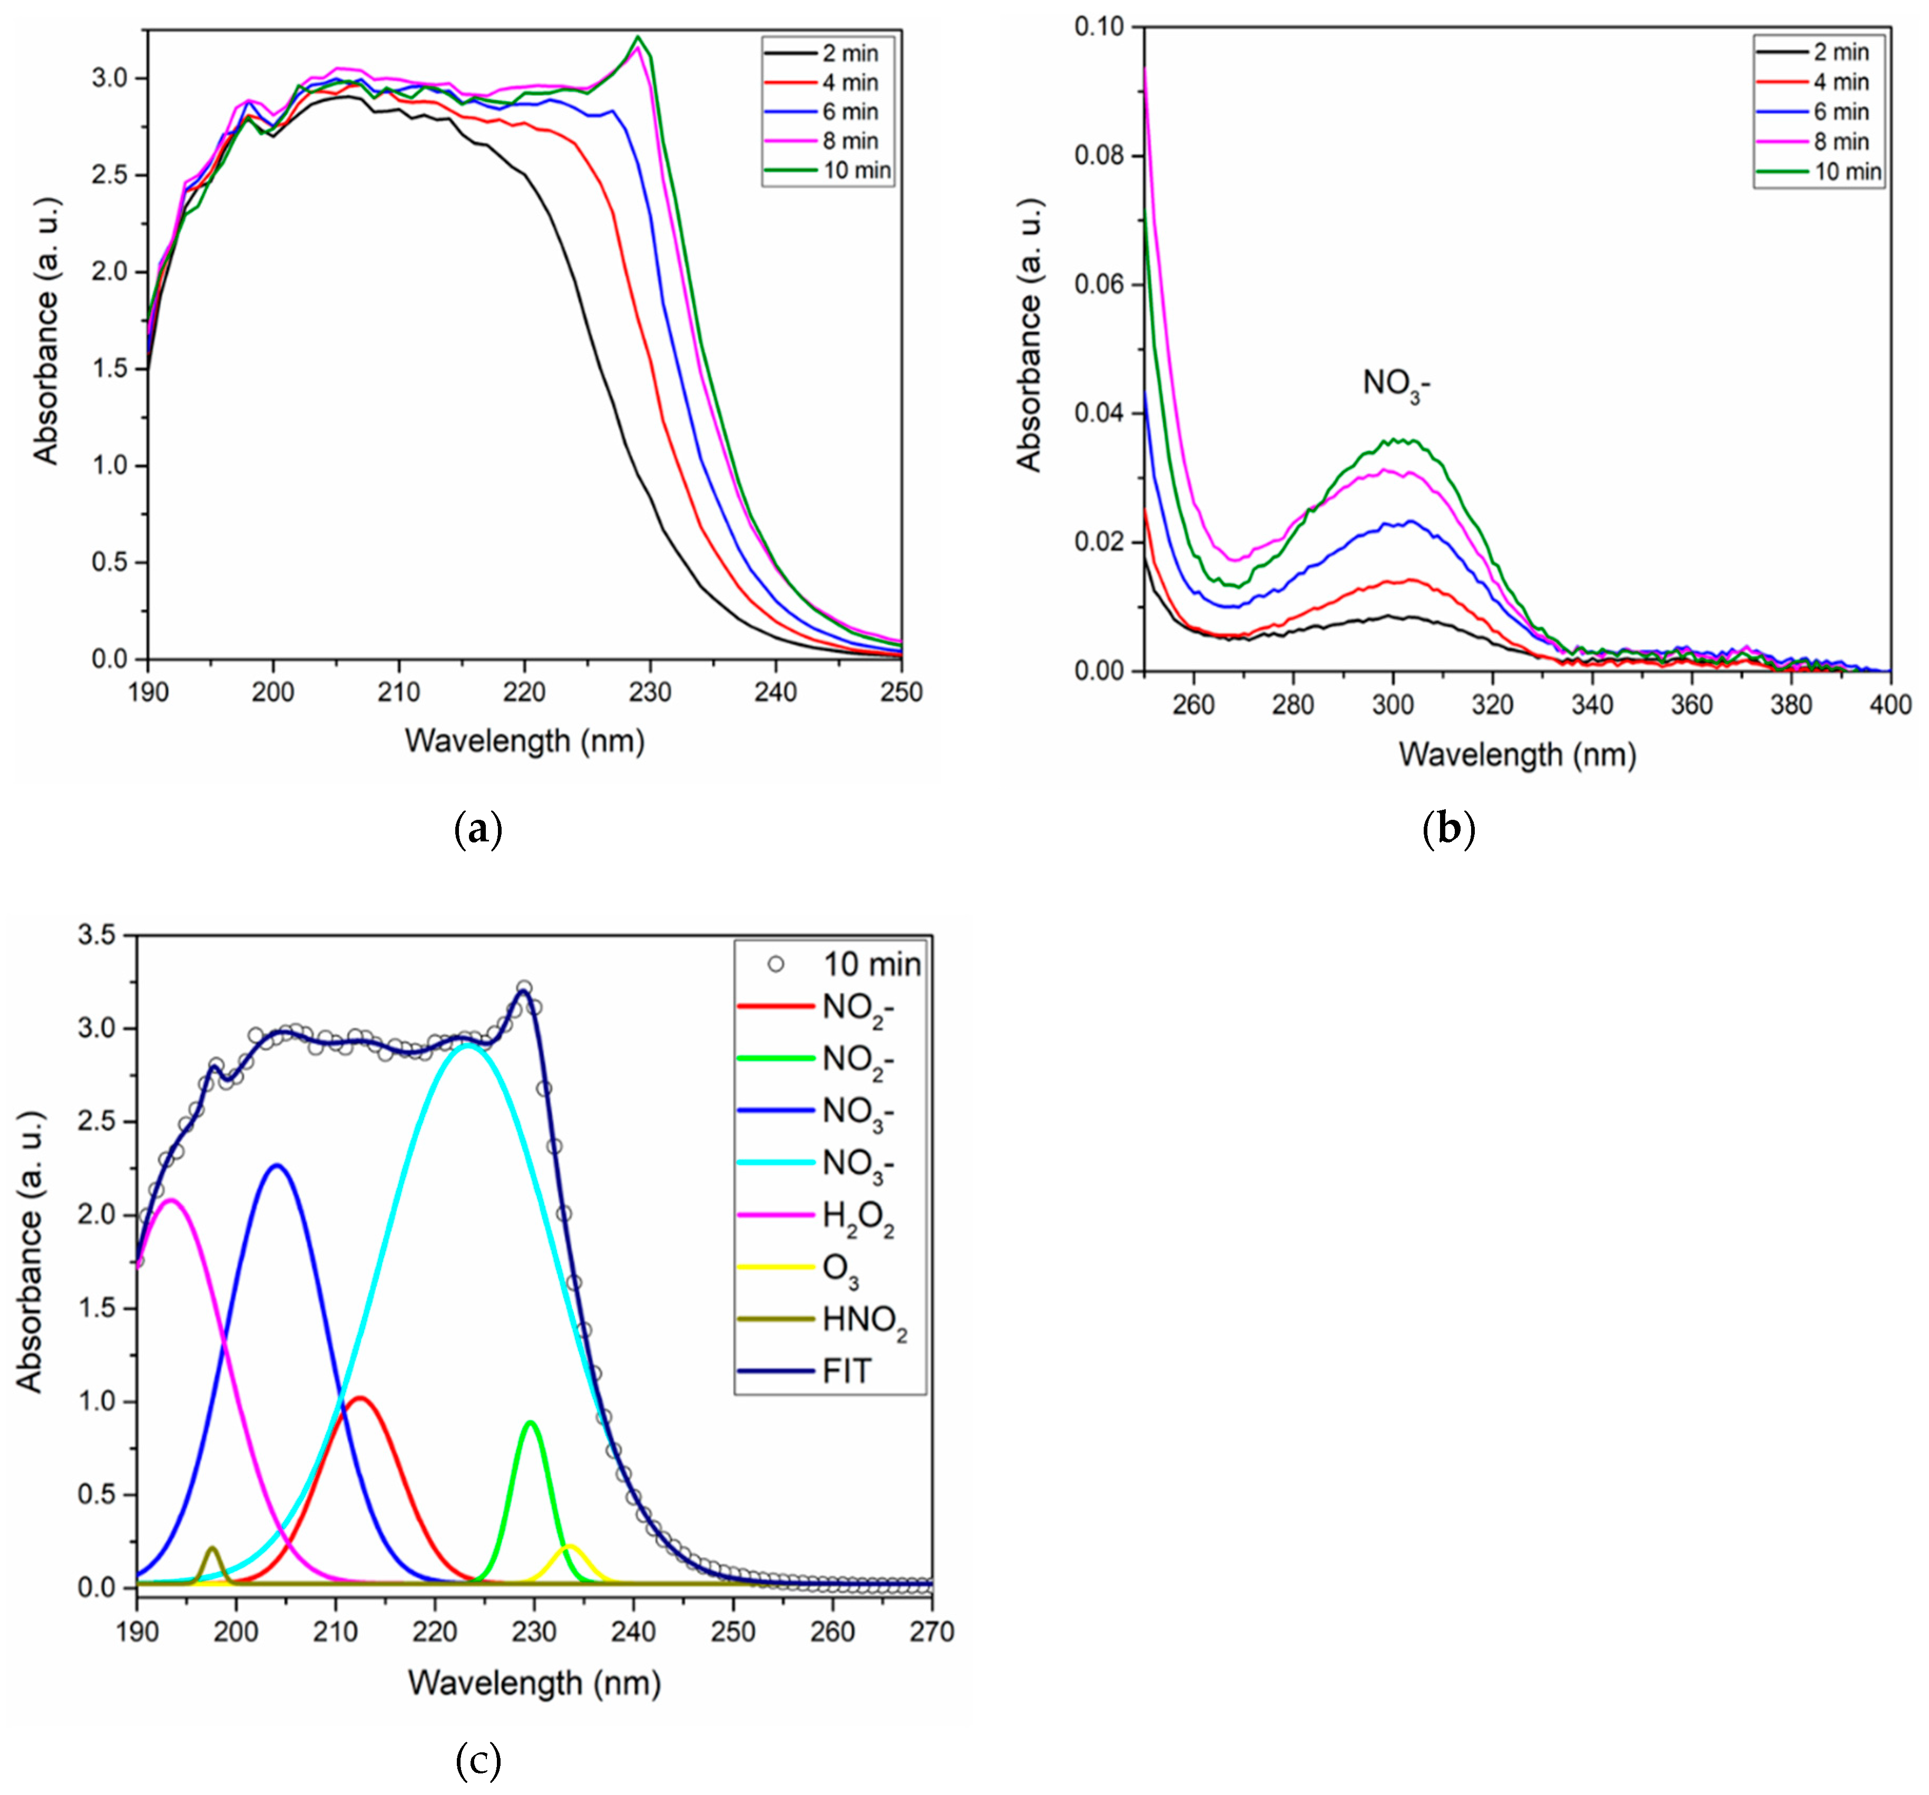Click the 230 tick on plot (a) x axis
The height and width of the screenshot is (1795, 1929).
(650, 692)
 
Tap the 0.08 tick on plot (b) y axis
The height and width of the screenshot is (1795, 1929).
(1099, 155)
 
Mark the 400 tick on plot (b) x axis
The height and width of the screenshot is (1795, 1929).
(1889, 704)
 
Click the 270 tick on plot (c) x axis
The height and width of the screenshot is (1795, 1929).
(932, 1632)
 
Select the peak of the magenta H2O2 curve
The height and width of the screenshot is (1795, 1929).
(172, 1200)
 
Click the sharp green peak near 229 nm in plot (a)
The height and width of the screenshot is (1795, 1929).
(638, 37)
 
